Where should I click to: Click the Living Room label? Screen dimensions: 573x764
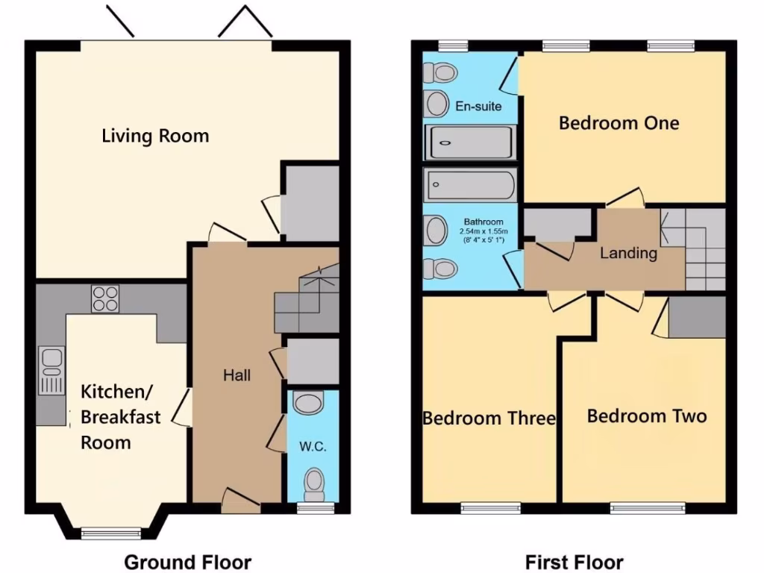coord(155,136)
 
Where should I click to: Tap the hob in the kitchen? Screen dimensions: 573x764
coord(104,299)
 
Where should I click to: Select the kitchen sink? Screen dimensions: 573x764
coord(52,371)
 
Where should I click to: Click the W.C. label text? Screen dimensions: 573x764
coord(313,448)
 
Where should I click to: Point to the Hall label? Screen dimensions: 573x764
coord(237,375)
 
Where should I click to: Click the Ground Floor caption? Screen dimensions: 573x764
coord(187,562)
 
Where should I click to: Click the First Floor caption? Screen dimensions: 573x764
coord(574,562)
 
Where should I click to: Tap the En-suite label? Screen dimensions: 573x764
coord(478,107)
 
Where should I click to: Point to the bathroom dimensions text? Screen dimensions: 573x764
coord(483,231)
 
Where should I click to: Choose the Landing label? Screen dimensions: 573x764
coord(628,254)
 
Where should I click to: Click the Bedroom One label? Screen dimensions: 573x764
coord(619,122)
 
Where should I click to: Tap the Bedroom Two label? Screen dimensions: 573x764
coord(646,416)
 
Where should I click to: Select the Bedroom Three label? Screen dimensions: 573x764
coord(489,418)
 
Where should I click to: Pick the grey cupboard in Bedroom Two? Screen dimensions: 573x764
coord(697,316)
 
